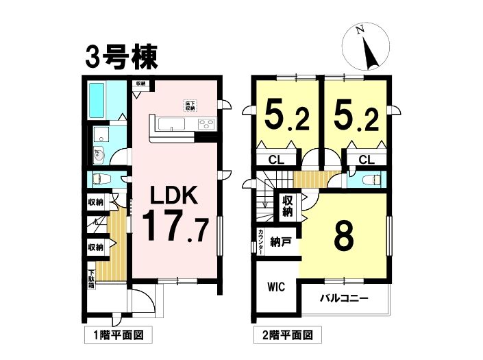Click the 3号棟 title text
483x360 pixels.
[121, 58]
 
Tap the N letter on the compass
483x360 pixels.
[359, 30]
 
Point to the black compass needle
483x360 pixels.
[370, 53]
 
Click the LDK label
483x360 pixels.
[174, 195]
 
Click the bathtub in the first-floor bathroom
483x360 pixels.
[97, 101]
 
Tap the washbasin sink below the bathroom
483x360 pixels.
[99, 156]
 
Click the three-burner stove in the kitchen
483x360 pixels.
[206, 124]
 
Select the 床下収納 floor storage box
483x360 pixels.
[190, 106]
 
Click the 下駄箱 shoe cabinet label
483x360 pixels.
[92, 279]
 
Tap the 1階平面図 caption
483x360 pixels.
[119, 335]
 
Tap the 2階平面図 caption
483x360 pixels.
[287, 335]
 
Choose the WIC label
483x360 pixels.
[276, 287]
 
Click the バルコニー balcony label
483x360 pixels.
[344, 298]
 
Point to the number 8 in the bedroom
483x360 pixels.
[344, 236]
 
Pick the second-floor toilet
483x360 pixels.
[373, 179]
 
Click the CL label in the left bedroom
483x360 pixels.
[276, 160]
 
